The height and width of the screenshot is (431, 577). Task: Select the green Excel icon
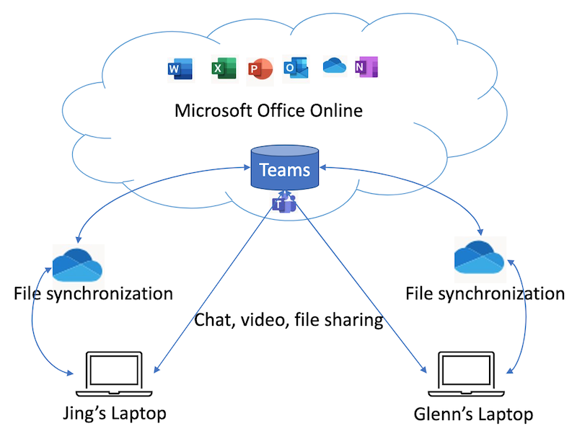(220, 68)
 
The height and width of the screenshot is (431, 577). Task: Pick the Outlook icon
(296, 68)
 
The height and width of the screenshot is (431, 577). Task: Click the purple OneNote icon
(366, 67)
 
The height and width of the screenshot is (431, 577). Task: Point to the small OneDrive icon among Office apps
(334, 65)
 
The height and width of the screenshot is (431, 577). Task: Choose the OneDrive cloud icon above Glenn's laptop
(480, 257)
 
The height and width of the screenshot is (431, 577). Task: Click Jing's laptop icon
(114, 375)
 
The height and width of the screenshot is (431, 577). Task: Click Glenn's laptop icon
(469, 376)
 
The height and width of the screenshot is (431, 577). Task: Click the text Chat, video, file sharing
(288, 320)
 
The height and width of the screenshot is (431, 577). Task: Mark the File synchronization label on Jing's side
(94, 293)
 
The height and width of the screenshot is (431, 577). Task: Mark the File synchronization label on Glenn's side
(485, 293)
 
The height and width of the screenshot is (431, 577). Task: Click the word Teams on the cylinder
(284, 171)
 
